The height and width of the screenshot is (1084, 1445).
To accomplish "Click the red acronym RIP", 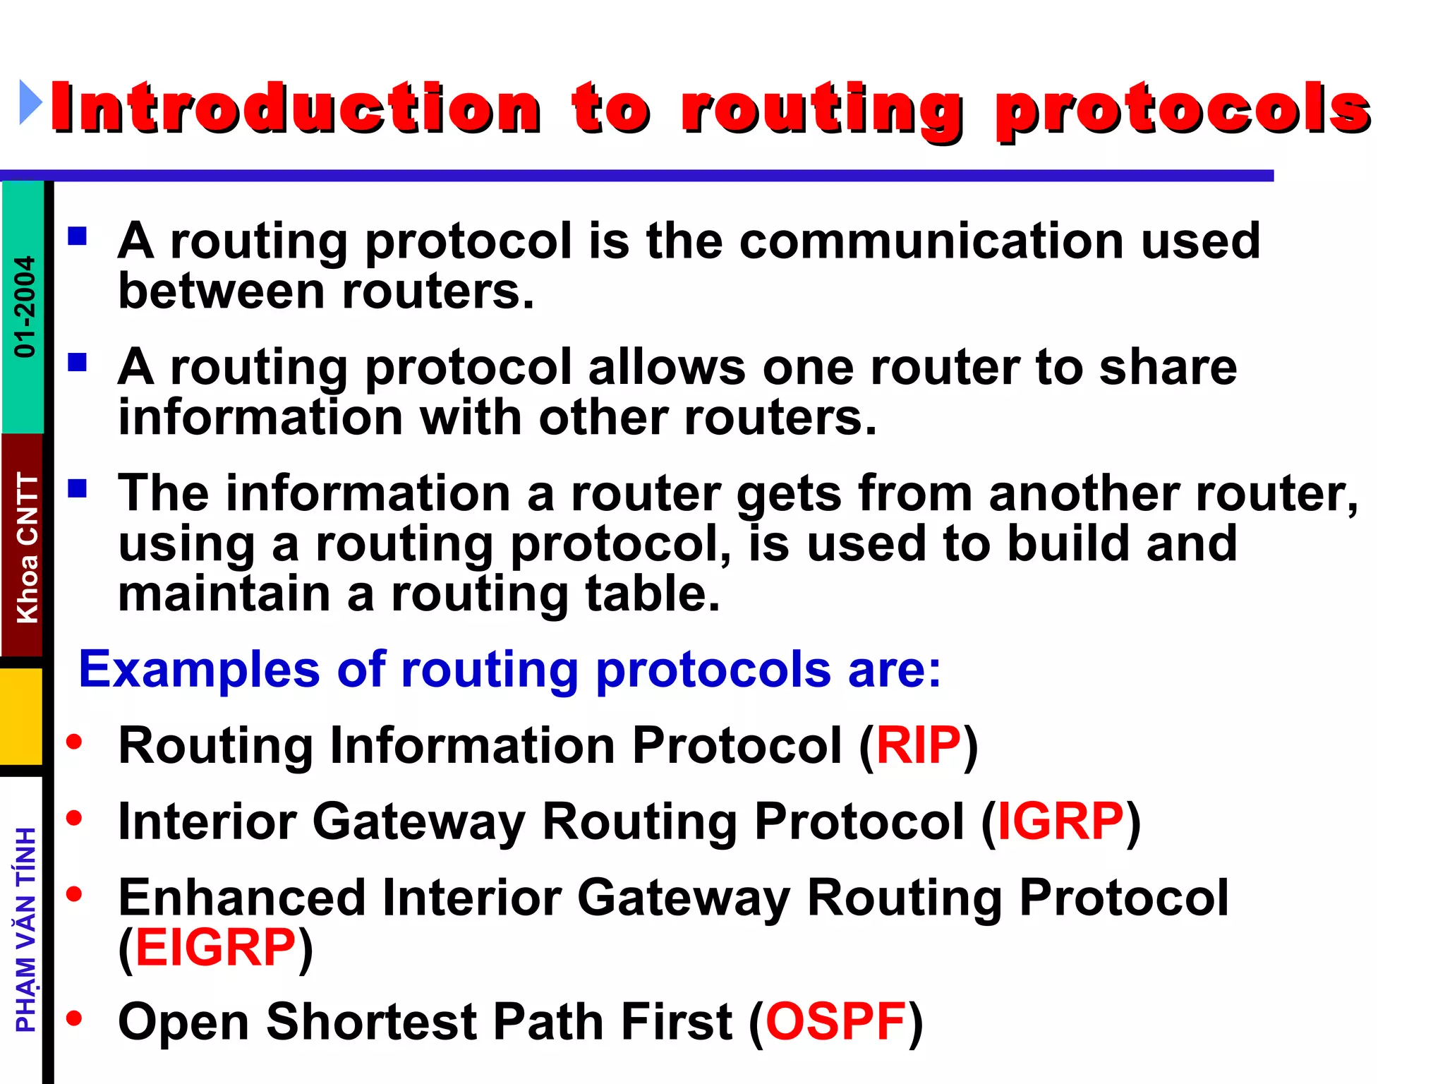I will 918,745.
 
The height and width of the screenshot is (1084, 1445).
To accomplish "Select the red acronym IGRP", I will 1060,821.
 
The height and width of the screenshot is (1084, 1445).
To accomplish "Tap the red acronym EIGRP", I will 215,948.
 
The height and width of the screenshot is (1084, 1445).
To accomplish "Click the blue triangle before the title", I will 30,103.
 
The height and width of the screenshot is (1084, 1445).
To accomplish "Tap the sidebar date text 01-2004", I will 25,306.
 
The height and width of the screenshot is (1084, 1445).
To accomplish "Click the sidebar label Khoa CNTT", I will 27,547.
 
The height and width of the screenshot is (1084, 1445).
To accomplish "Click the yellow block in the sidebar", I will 21,716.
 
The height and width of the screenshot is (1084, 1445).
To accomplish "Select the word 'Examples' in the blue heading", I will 199,669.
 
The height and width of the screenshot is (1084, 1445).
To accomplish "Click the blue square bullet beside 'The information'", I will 77,488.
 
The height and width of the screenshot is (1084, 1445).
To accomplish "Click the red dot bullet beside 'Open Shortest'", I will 74,1018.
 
